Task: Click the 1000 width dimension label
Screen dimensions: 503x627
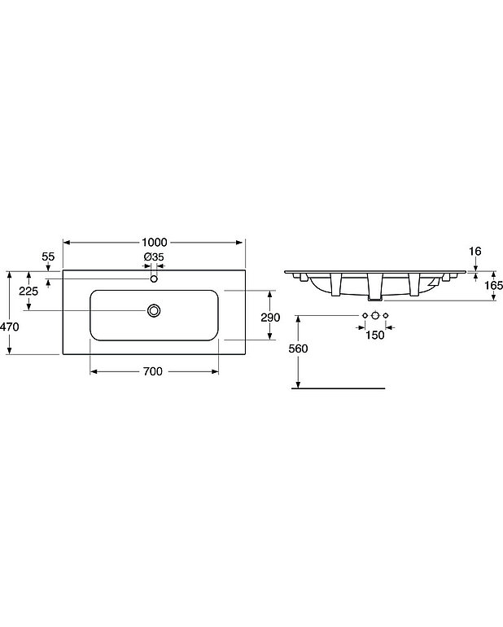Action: click(155, 243)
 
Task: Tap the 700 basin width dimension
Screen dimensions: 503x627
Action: click(153, 371)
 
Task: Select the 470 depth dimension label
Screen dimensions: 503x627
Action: click(10, 327)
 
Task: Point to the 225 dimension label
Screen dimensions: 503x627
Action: click(28, 291)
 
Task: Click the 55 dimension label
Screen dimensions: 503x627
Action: click(48, 256)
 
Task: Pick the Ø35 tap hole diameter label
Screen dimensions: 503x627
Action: click(154, 257)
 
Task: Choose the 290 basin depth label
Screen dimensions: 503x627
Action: click(270, 318)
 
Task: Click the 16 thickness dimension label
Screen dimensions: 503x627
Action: click(475, 251)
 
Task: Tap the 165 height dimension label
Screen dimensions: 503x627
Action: click(494, 285)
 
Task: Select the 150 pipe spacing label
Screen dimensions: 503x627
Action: click(374, 335)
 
